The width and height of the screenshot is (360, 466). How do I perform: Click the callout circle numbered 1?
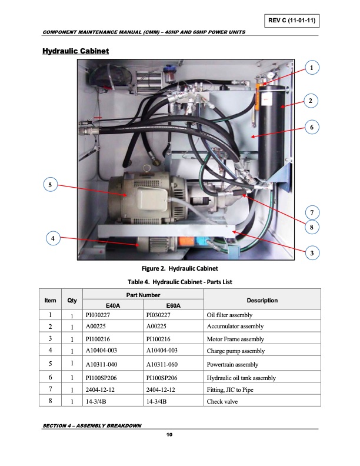tap(311, 68)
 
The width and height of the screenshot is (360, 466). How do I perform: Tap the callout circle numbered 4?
tap(53, 238)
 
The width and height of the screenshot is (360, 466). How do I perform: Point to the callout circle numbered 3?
tap(311, 253)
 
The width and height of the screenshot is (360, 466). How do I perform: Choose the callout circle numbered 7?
tap(311, 212)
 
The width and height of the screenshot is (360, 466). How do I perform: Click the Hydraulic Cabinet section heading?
tap(75, 52)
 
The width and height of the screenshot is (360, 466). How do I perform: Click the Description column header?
tap(262, 300)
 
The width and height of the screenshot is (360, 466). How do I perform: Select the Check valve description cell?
tap(222, 402)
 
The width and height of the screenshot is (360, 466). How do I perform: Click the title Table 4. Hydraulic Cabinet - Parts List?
tap(181, 282)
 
